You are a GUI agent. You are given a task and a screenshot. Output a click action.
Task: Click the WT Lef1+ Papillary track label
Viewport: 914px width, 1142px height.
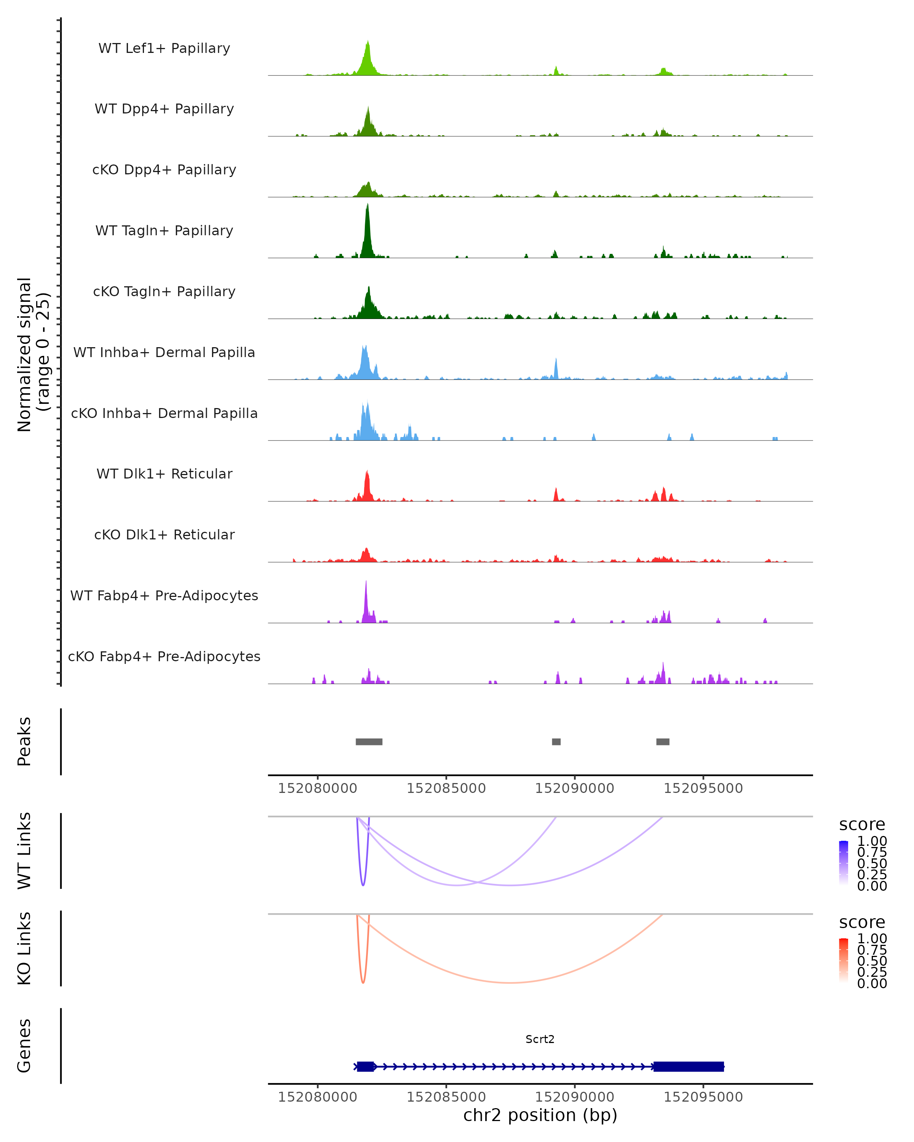point(164,48)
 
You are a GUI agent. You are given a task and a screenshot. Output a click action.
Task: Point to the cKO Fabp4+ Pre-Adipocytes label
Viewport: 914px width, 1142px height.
point(164,656)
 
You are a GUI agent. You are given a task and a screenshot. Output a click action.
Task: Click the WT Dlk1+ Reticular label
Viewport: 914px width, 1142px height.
point(164,474)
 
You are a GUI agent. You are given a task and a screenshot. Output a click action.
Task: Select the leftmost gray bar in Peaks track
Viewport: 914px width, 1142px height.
point(369,742)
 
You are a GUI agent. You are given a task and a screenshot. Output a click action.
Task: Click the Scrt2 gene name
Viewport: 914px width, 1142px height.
point(540,1039)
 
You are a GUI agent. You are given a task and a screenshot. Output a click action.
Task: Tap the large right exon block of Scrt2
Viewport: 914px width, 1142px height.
point(688,1066)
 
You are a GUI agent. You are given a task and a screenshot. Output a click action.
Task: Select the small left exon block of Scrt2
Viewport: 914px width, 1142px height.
point(366,1066)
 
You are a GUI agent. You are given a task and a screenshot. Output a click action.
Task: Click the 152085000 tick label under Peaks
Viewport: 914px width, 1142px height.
point(446,788)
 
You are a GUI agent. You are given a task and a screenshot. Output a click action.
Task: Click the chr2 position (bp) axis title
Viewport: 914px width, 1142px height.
point(540,1115)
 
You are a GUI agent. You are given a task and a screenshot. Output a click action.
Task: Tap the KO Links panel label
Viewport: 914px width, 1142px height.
point(24,948)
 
